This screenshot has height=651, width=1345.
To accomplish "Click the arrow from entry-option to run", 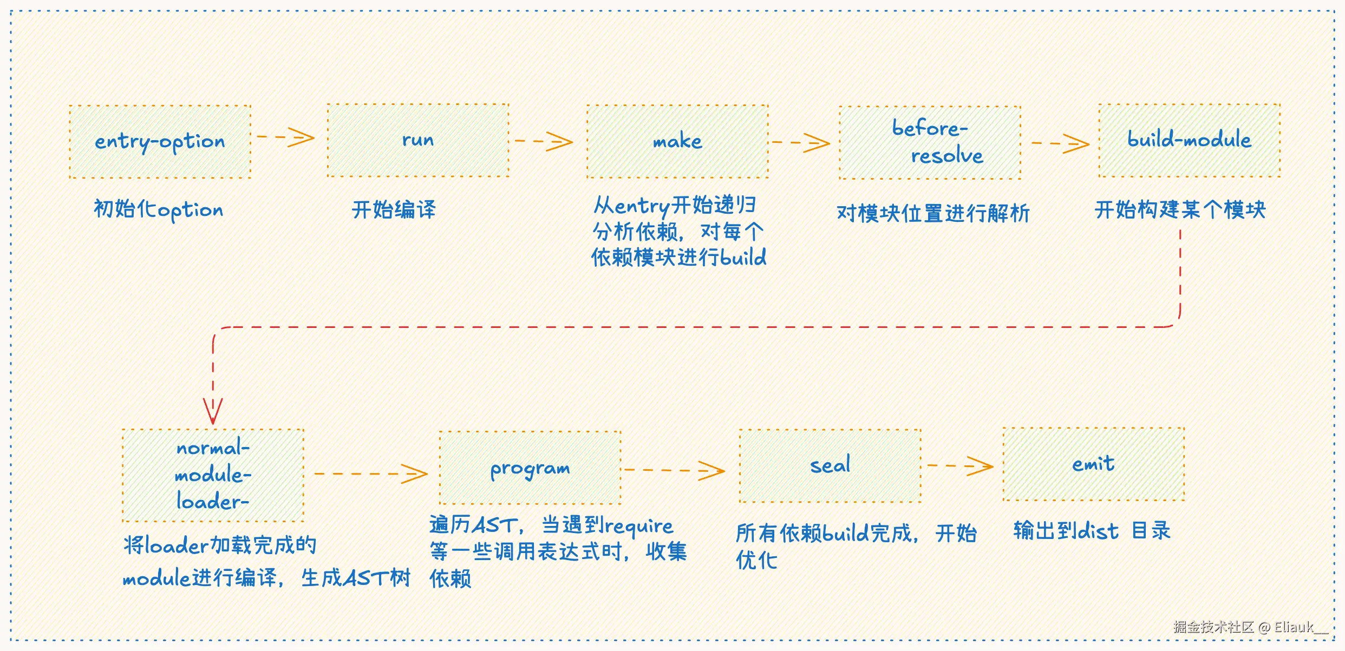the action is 286,137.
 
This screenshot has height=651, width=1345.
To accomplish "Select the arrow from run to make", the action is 544,141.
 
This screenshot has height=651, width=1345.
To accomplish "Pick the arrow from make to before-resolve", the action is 801,143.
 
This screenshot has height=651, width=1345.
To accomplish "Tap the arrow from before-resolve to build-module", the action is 1060,143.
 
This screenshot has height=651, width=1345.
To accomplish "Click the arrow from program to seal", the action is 675,470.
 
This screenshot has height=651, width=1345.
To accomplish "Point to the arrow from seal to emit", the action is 961,466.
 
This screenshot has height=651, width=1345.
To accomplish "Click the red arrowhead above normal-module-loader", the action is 213,411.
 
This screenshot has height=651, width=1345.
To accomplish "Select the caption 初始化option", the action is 158,210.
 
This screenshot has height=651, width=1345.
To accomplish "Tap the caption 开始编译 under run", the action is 394,209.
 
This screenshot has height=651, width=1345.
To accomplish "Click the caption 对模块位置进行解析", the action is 933,213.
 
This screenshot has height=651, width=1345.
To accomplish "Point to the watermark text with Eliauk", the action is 1251,627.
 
